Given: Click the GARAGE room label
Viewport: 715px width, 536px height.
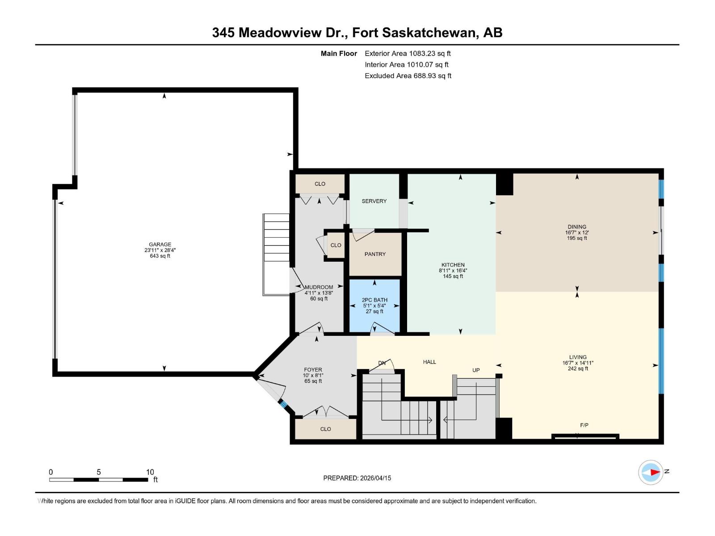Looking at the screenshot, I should pyautogui.click(x=160, y=244).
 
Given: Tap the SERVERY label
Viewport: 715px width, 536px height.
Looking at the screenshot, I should pyautogui.click(x=374, y=201).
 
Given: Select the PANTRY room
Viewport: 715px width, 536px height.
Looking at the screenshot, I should pyautogui.click(x=375, y=254).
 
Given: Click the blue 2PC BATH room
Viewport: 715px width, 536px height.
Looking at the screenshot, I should pyautogui.click(x=374, y=306).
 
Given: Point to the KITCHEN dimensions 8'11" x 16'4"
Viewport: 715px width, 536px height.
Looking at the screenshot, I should pyautogui.click(x=453, y=271).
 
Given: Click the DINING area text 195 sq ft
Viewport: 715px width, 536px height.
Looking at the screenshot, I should pyautogui.click(x=577, y=238).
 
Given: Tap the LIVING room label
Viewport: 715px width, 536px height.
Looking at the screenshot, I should pyautogui.click(x=577, y=357).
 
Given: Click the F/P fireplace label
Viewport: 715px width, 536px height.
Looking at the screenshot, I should pyautogui.click(x=584, y=425).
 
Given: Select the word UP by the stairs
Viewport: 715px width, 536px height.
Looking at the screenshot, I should pyautogui.click(x=476, y=370).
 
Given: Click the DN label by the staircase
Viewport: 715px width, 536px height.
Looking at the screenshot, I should pyautogui.click(x=382, y=363).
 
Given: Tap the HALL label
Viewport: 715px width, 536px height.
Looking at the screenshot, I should pyautogui.click(x=429, y=362).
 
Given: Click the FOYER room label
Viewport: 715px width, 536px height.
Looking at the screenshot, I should pyautogui.click(x=313, y=370).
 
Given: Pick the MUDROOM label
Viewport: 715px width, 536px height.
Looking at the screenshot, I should pyautogui.click(x=319, y=287).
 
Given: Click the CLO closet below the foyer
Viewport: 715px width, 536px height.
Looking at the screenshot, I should pyautogui.click(x=325, y=429).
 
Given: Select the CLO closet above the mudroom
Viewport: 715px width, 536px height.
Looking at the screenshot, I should pyautogui.click(x=320, y=184).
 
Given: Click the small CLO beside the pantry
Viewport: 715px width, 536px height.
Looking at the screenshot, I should pyautogui.click(x=336, y=245).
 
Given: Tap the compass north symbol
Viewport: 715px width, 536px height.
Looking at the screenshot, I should pyautogui.click(x=651, y=472).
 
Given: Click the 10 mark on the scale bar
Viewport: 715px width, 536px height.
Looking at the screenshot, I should pyautogui.click(x=150, y=472).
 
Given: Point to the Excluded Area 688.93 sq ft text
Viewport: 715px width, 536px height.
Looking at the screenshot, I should pyautogui.click(x=408, y=76).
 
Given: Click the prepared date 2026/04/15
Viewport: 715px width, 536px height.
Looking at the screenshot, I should pyautogui.click(x=375, y=478).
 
